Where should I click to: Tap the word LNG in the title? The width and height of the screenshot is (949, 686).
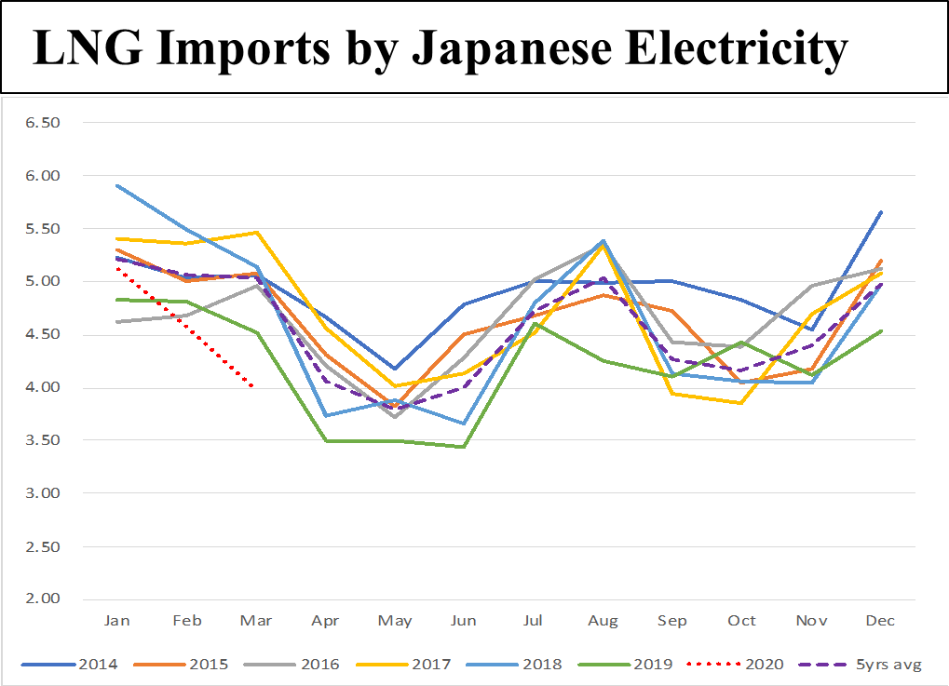81,47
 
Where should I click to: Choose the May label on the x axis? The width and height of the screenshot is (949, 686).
395,621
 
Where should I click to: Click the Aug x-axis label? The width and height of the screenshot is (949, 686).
603,621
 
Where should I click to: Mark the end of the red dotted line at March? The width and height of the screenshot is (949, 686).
254,387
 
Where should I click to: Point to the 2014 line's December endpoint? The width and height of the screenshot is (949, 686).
881,212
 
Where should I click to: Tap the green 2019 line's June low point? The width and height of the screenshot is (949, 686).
463,447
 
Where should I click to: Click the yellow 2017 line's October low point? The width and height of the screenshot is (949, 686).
741,403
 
